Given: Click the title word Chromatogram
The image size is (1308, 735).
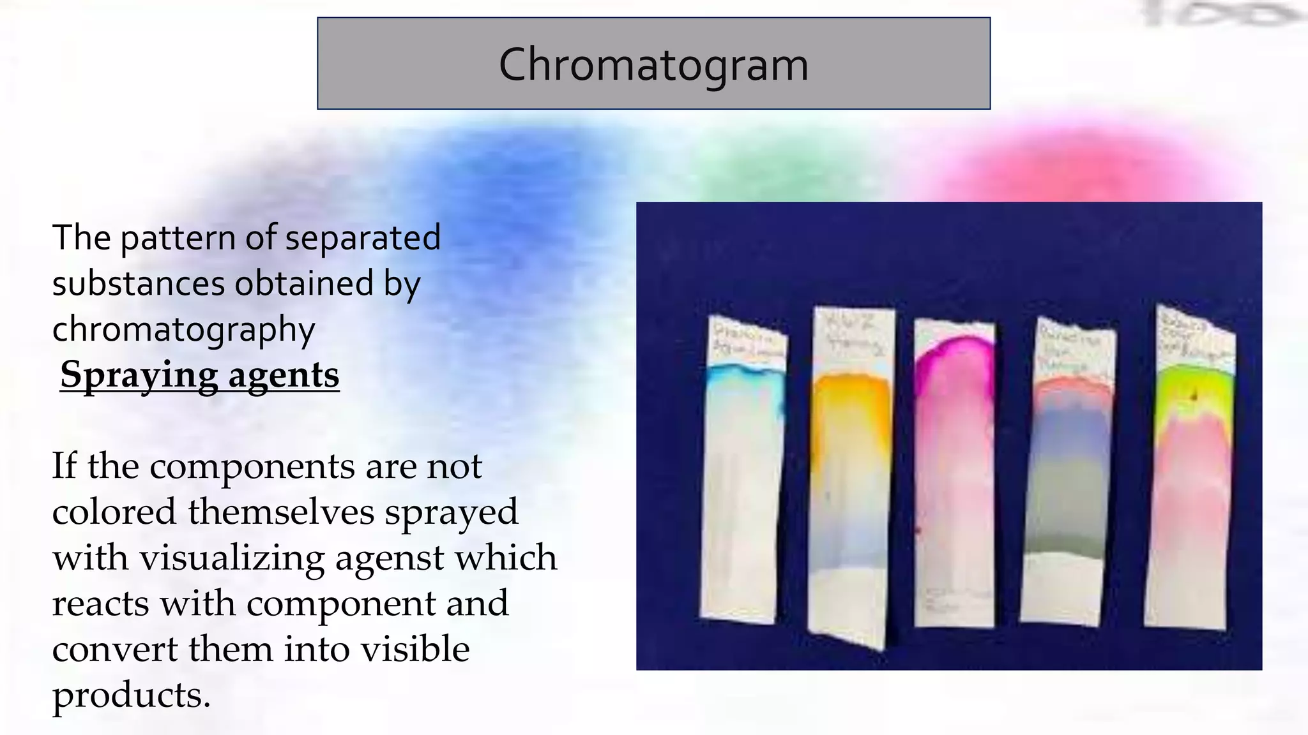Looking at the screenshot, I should pos(653,64).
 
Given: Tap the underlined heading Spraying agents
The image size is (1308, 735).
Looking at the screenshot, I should pos(199,375).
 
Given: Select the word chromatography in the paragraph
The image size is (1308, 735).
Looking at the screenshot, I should pos(183,329).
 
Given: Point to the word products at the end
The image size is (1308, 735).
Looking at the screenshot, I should pos(130,695).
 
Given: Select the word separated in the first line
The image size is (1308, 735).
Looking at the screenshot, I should pos(363,238).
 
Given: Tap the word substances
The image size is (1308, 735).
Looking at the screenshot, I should pos(138,283).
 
